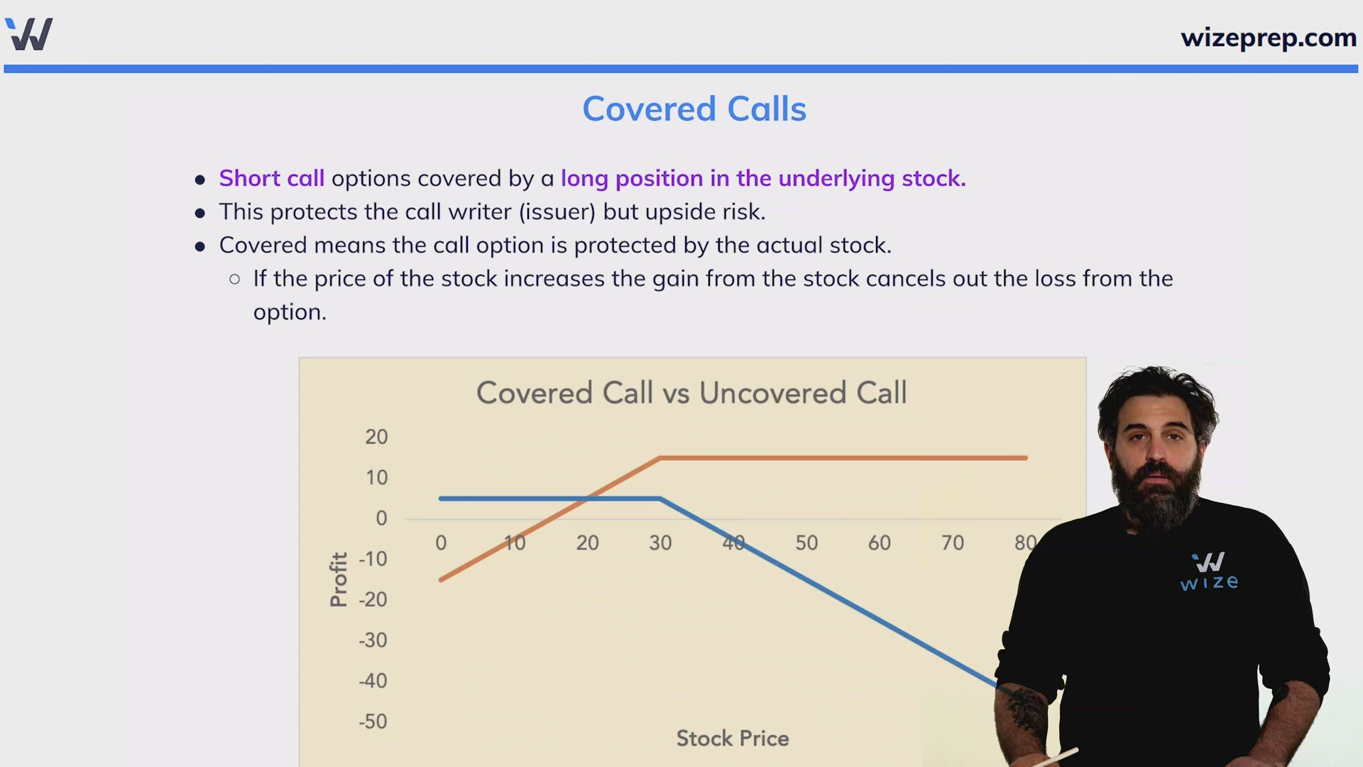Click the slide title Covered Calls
pos(694,109)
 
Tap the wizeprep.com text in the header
pos(1269,37)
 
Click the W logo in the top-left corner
pos(29,33)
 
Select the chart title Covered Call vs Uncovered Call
pos(691,393)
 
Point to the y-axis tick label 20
pos(376,437)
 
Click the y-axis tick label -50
pos(373,722)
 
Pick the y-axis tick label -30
pos(373,640)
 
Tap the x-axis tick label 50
pos(806,543)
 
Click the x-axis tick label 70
pos(953,543)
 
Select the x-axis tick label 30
pos(660,543)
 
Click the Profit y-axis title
pos(339,580)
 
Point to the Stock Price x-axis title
pos(733,739)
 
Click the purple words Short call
pos(271,178)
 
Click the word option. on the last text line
pos(290,312)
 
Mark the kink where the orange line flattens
pos(659,458)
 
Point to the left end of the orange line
pos(441,580)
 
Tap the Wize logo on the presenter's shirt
pos(1209,572)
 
